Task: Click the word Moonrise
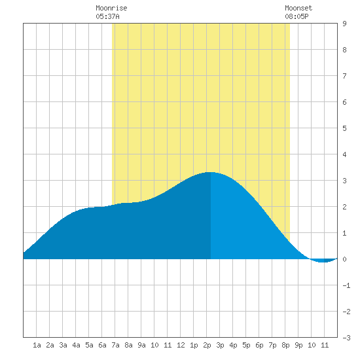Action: point(111,8)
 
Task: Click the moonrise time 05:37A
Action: point(107,16)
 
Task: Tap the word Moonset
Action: point(298,8)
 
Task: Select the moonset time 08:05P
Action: point(297,16)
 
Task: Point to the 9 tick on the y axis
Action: point(344,24)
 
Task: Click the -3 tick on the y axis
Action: point(346,338)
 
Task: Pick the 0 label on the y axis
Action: point(344,259)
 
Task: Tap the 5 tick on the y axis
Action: point(344,128)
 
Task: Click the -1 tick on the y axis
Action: point(346,285)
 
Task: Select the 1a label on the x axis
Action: point(37,345)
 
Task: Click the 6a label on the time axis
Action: point(102,345)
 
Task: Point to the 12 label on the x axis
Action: point(181,345)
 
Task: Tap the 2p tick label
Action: point(207,345)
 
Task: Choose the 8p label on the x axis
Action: point(285,345)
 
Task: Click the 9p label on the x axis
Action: point(298,345)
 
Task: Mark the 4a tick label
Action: point(76,345)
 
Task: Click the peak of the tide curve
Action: point(211,172)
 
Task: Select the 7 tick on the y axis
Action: point(344,76)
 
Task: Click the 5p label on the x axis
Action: point(246,345)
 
